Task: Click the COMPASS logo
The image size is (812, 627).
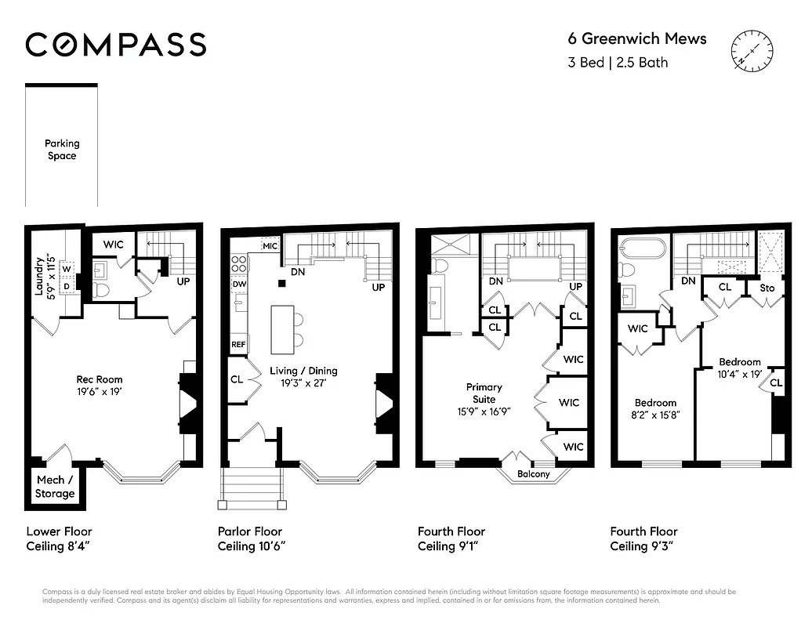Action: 116,45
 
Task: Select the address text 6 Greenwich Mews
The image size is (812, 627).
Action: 636,39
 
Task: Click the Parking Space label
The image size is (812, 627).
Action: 62,150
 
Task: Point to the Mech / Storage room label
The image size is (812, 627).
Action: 55,487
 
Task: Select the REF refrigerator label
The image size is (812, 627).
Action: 238,344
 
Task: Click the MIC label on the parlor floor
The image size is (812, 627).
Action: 270,246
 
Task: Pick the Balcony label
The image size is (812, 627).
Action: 533,474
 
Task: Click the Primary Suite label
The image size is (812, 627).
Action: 484,393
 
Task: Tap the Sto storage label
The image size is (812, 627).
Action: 767,288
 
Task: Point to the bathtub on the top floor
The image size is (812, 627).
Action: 643,250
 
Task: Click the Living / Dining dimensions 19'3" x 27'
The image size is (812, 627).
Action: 303,383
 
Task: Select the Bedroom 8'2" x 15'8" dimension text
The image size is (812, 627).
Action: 655,415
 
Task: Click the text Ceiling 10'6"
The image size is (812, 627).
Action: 251,546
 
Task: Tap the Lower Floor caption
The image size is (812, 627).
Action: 60,531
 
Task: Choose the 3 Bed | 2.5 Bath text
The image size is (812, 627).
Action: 618,62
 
